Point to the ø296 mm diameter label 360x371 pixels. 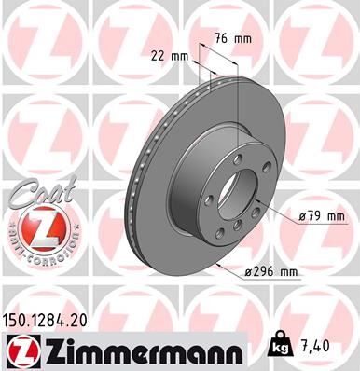(x=271, y=272)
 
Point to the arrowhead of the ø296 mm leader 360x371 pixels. (x=215, y=264)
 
